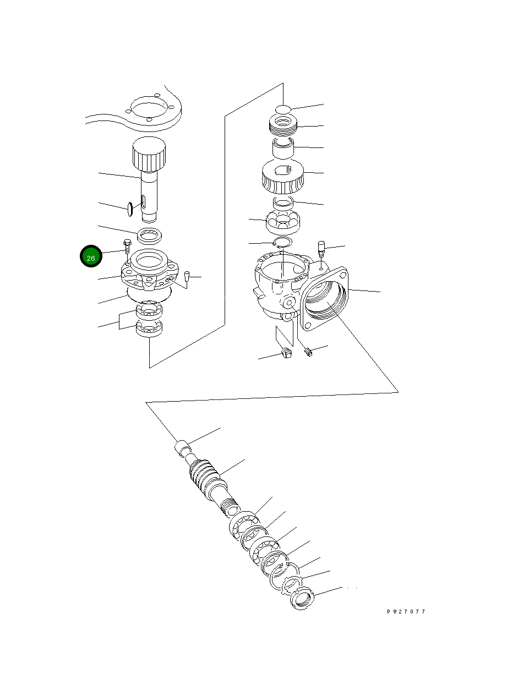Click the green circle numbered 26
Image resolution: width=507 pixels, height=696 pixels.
tap(91, 256)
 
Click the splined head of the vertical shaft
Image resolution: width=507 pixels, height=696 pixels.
tap(149, 154)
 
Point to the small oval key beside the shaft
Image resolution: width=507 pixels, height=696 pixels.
tap(130, 209)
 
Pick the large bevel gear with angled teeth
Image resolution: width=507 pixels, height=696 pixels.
tap(283, 176)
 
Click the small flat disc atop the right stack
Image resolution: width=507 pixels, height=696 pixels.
tap(283, 109)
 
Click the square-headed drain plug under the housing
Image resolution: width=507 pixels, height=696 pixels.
tap(286, 353)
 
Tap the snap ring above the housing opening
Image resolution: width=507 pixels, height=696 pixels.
tap(283, 242)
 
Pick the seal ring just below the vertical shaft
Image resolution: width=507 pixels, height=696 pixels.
tap(149, 236)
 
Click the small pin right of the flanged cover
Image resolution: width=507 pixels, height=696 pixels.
tap(187, 276)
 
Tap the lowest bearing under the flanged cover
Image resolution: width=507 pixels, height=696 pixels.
tap(149, 328)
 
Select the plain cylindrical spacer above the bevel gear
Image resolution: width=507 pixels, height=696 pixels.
tap(283, 148)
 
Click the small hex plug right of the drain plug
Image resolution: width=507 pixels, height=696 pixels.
tap(309, 352)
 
